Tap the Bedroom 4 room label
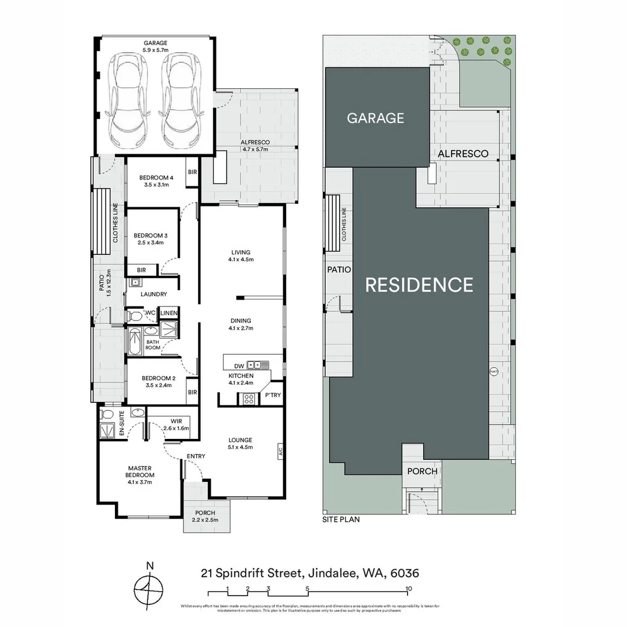coord(156,181)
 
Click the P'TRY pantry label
coord(273,395)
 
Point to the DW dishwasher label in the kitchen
coord(239,366)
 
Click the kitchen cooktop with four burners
coord(248,398)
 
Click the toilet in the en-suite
coord(106,414)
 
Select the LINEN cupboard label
coord(169,313)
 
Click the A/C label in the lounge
coord(280,449)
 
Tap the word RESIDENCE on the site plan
coord(419,284)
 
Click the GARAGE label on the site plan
coord(375,118)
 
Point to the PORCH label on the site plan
coord(422,471)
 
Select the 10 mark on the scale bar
coord(409,588)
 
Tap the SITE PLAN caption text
coord(341,520)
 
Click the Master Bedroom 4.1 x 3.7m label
coord(140,474)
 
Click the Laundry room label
coord(153,294)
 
